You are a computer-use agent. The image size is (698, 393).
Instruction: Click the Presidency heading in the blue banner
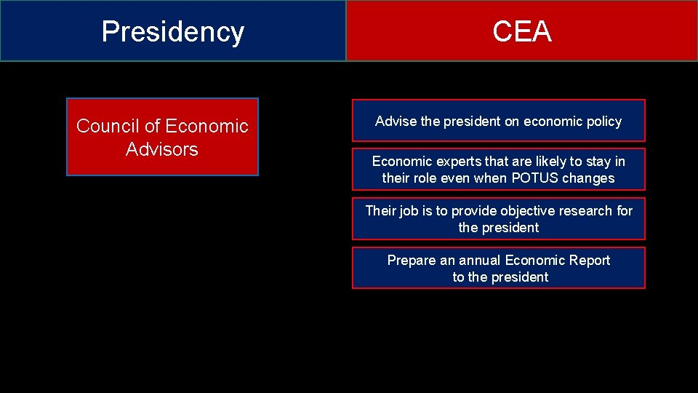[x=172, y=32]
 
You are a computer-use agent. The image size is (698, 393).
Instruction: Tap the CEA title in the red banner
[x=521, y=32]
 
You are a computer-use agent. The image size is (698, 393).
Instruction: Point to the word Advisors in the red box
[x=161, y=149]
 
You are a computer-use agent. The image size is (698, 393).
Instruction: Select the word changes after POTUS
[x=588, y=178]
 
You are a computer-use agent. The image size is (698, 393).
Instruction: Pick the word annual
[x=479, y=260]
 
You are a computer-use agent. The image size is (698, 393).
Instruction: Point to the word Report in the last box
[x=590, y=260]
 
